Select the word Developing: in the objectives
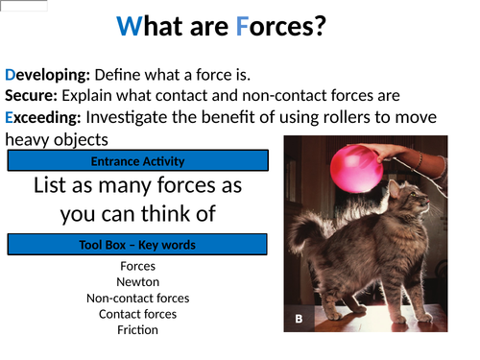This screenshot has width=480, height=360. point(47,74)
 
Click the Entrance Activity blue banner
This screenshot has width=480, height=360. point(137,161)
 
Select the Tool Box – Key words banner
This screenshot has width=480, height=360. point(137,245)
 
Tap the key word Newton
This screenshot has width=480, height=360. point(137,282)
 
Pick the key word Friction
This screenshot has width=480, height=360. point(137,329)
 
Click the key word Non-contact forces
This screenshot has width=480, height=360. point(137,298)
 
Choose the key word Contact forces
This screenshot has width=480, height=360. point(137,314)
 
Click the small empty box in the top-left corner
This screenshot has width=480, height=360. point(23,5)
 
